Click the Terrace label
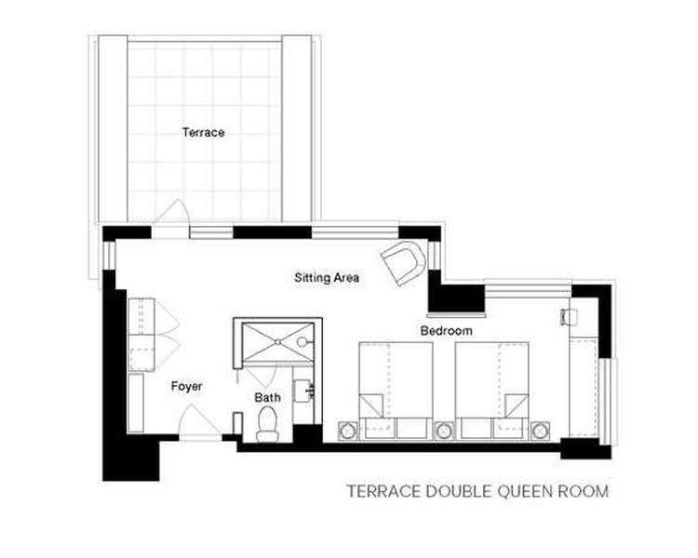tap(203, 132)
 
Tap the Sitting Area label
tap(327, 278)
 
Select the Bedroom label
tap(446, 331)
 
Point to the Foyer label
tap(186, 386)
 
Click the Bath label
tap(267, 397)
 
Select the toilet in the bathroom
tap(267, 424)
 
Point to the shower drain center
tap(277, 342)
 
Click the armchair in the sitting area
tap(403, 262)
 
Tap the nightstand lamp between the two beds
tap(444, 431)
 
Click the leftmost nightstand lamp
tap(347, 431)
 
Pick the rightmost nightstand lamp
tap(540, 431)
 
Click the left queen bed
tap(396, 391)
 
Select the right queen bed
tap(492, 391)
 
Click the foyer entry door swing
tap(198, 420)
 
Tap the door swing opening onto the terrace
tap(172, 211)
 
